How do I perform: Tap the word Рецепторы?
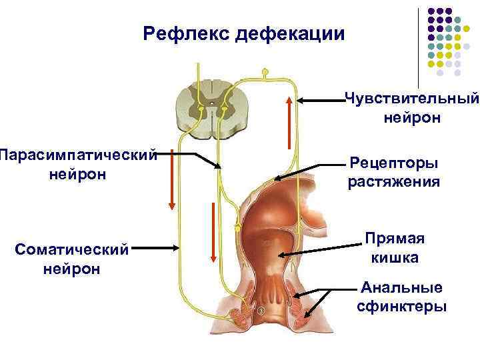point(394,163)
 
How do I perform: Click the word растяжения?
point(394,181)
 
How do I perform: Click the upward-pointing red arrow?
point(288,123)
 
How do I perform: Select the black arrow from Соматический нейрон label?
point(157,247)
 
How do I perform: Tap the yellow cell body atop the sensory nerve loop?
point(265,71)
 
